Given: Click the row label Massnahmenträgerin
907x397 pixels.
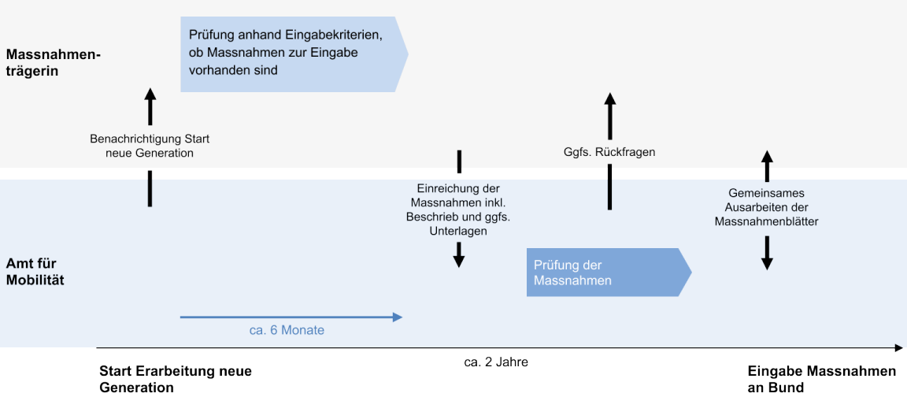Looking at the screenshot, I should pyautogui.click(x=54, y=62).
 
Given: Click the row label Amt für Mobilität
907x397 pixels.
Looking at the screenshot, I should pyautogui.click(x=35, y=271).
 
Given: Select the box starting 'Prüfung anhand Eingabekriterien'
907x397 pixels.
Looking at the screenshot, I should pyautogui.click(x=291, y=53).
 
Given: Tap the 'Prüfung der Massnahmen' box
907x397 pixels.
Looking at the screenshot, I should pyautogui.click(x=606, y=273).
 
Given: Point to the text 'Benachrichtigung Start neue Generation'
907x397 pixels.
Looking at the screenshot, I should pyautogui.click(x=150, y=146).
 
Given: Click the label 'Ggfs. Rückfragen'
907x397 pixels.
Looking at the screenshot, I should pyautogui.click(x=609, y=152).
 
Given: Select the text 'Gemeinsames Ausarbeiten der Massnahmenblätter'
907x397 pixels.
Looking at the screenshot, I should pyautogui.click(x=766, y=207).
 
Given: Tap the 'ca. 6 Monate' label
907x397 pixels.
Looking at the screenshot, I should pyautogui.click(x=287, y=331).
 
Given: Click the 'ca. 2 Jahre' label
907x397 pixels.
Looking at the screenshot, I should pyautogui.click(x=495, y=362).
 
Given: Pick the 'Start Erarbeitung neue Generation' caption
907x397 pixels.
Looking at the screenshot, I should pyautogui.click(x=176, y=378).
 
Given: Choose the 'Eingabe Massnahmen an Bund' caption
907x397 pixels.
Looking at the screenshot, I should pyautogui.click(x=821, y=378).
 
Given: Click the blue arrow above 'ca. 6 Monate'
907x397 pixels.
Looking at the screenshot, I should pyautogui.click(x=291, y=317).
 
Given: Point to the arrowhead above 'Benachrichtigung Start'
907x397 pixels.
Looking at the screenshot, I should pyautogui.click(x=150, y=95).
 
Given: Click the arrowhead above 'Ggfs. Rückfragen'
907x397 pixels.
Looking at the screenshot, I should pyautogui.click(x=609, y=99).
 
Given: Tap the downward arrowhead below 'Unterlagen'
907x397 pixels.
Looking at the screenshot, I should pyautogui.click(x=458, y=261).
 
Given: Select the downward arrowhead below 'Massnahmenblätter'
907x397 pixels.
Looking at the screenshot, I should pyautogui.click(x=767, y=263).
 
